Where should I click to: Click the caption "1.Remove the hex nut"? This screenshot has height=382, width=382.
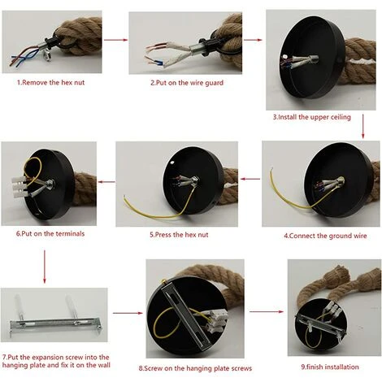click(51, 82)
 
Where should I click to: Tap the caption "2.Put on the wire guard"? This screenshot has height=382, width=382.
click(187, 83)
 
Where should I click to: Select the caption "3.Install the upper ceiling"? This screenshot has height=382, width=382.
click(312, 117)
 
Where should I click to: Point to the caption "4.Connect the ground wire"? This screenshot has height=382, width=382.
click(325, 236)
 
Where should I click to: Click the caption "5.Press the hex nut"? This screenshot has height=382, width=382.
click(179, 235)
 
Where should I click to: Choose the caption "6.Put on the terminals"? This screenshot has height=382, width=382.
click(50, 233)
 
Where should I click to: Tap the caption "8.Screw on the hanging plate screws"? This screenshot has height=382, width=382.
click(195, 368)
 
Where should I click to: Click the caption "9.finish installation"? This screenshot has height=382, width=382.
click(330, 367)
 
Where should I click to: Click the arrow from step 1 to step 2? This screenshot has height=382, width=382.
click(115, 40)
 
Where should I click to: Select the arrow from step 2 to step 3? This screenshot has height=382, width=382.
click(253, 40)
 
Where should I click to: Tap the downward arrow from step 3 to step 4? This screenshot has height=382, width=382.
click(363, 126)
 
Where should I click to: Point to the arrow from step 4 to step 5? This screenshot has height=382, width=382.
click(250, 179)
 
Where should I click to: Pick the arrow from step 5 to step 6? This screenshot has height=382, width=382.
click(106, 182)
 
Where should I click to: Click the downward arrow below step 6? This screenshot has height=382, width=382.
click(45, 267)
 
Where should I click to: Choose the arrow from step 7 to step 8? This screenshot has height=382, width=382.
click(128, 313)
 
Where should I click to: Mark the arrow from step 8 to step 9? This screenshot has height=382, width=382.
click(267, 312)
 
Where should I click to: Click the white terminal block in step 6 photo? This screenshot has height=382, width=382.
click(20, 187)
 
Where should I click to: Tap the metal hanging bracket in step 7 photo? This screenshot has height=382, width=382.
click(55, 323)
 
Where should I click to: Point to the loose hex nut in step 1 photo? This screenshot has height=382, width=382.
click(47, 57)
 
